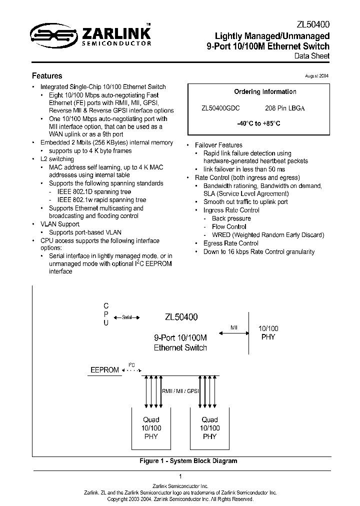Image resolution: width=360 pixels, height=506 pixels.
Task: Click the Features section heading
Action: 47,76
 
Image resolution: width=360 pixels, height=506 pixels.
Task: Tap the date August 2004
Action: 316,76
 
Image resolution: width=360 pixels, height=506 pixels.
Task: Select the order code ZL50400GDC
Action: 220,108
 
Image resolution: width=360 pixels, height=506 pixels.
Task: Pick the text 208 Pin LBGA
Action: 284,108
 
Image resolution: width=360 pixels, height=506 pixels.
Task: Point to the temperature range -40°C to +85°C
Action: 258,123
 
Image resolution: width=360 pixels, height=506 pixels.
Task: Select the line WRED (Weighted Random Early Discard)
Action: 268,235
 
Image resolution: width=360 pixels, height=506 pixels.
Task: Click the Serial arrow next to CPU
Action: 126,317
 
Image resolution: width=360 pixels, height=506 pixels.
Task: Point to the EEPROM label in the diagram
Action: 104,370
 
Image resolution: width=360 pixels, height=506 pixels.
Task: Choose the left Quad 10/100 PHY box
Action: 150,428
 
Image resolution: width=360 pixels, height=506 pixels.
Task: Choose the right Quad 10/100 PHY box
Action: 209,428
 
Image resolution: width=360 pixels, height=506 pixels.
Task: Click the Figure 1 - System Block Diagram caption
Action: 188,461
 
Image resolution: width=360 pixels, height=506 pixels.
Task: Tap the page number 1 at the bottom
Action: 180,476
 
